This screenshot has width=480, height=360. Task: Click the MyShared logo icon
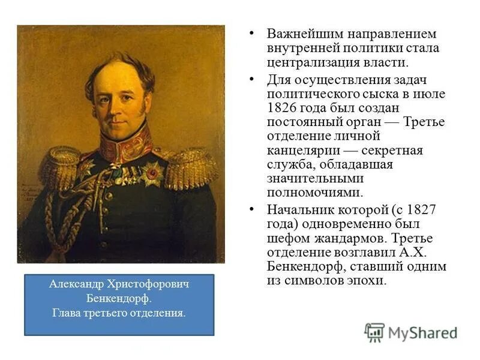[x=374, y=332]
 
